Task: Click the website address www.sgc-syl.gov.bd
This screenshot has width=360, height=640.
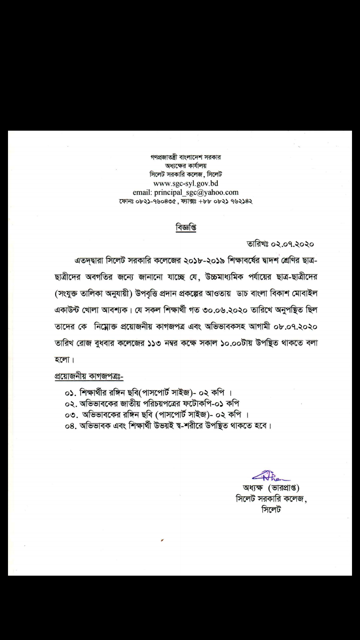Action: point(186,183)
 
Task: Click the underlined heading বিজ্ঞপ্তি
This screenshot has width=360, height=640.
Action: point(186,228)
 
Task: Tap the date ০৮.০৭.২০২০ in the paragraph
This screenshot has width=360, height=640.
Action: point(295,327)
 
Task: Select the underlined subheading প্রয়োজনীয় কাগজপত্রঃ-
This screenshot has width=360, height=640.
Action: point(89,376)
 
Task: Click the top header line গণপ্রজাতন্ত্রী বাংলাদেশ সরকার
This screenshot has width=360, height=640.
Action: point(186,157)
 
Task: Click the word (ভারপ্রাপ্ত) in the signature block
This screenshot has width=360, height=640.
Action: point(284,488)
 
